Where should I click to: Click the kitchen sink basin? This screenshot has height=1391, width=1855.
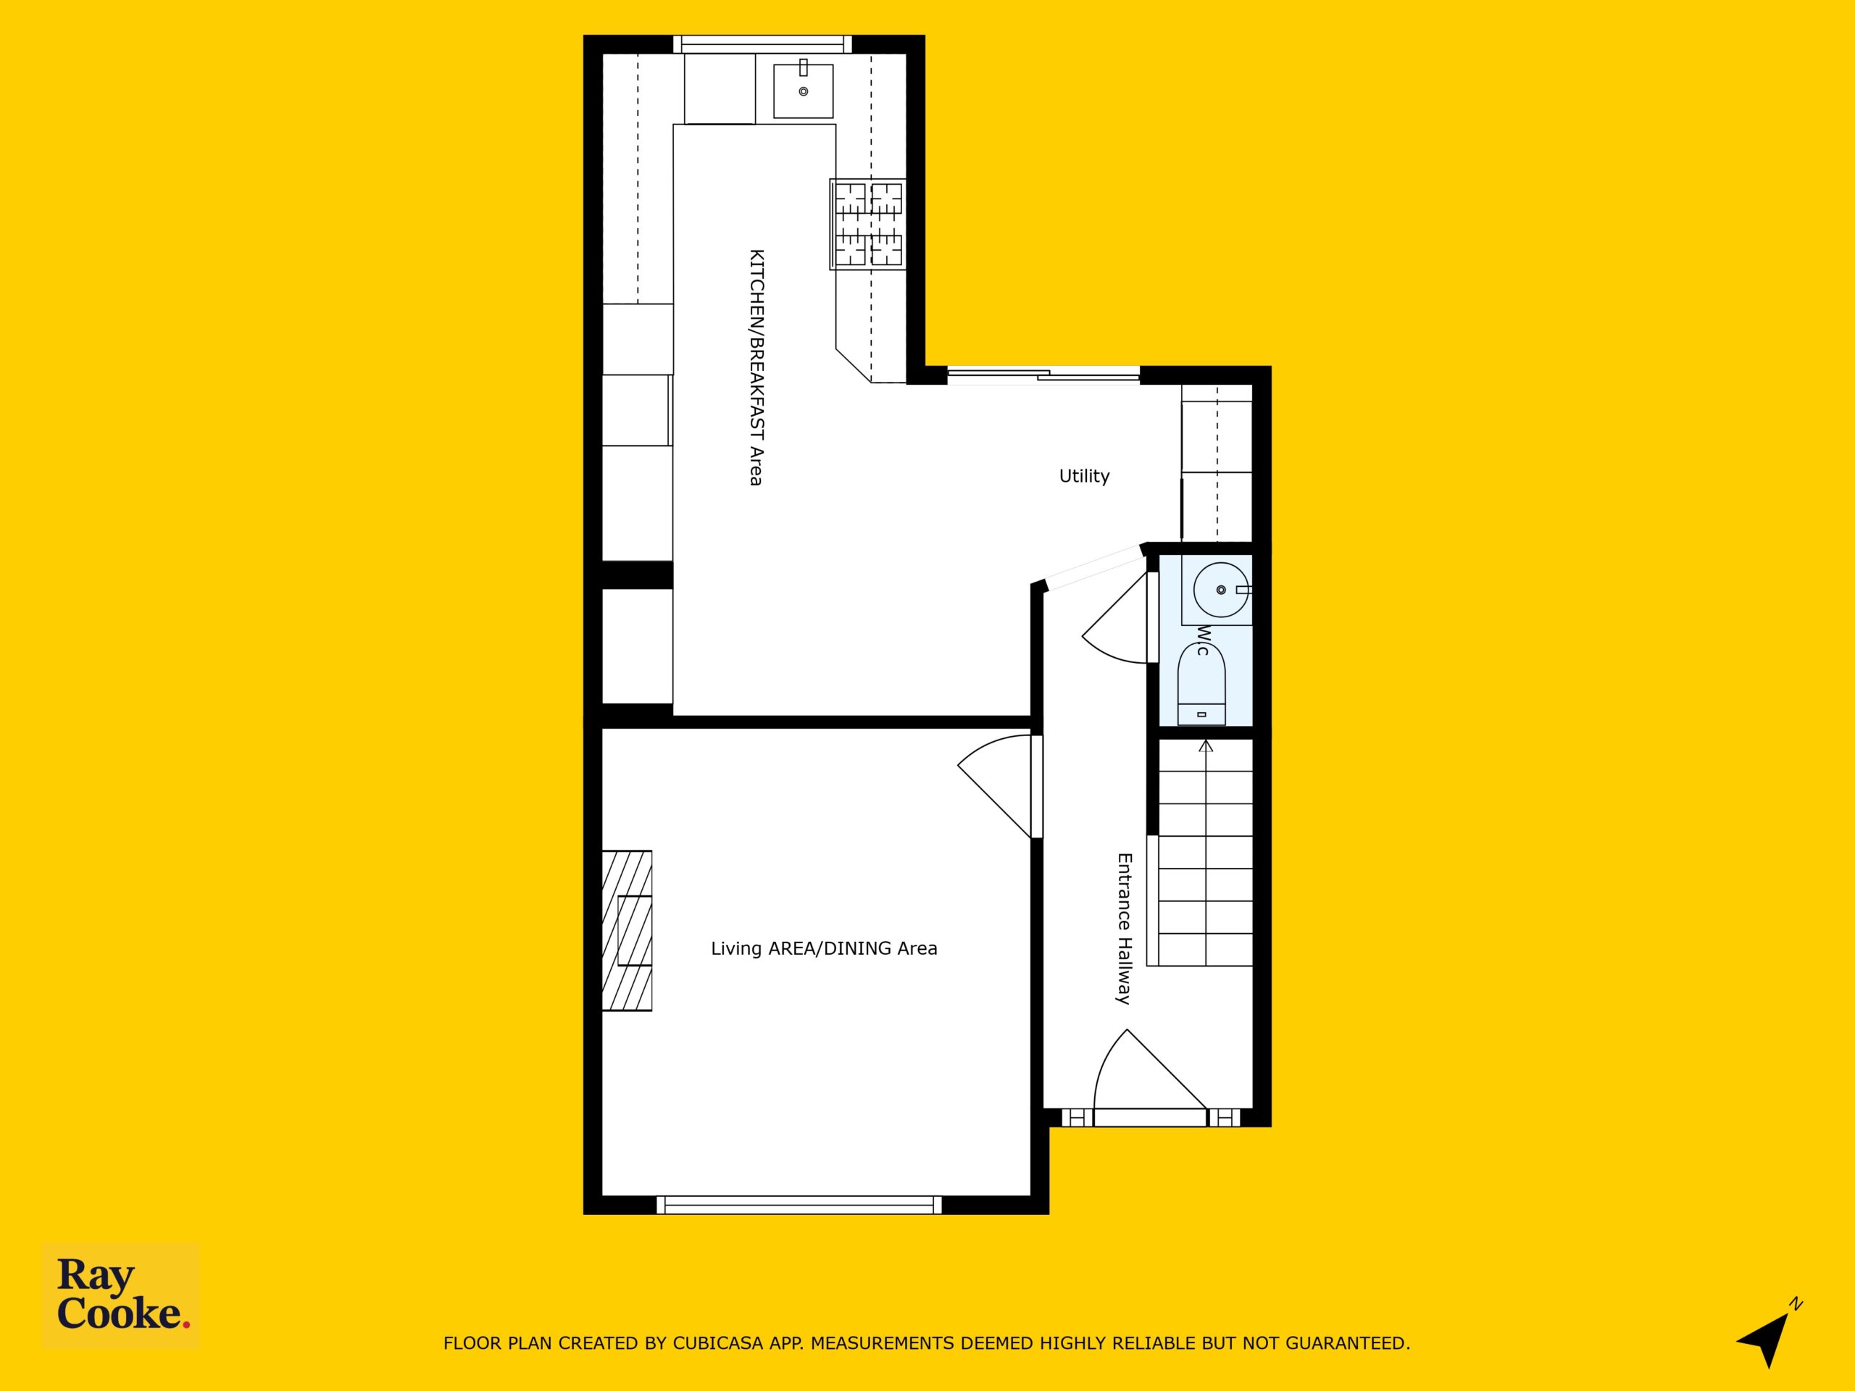[x=803, y=91]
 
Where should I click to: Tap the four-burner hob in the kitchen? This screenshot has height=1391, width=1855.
[x=868, y=224]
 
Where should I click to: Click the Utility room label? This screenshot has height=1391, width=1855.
[x=1083, y=476]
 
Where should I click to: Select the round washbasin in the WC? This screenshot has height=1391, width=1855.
[x=1221, y=590]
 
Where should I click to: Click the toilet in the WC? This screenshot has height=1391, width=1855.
[x=1201, y=684]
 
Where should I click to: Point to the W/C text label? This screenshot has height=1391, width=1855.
[x=1204, y=640]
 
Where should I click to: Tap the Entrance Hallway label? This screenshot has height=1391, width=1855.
[x=1124, y=928]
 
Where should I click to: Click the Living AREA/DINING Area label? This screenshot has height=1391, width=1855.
[x=823, y=948]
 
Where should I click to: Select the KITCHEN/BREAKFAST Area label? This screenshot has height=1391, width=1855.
[x=756, y=367]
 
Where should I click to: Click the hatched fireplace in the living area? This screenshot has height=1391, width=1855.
[x=628, y=931]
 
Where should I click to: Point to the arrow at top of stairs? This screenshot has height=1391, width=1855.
[x=1206, y=746]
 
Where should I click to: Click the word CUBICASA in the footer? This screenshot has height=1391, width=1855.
[x=718, y=1343]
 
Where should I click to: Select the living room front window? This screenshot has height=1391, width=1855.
[x=799, y=1205]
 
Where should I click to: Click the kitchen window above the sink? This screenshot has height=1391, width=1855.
[x=762, y=44]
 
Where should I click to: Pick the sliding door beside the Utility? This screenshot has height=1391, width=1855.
[x=1043, y=375]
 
